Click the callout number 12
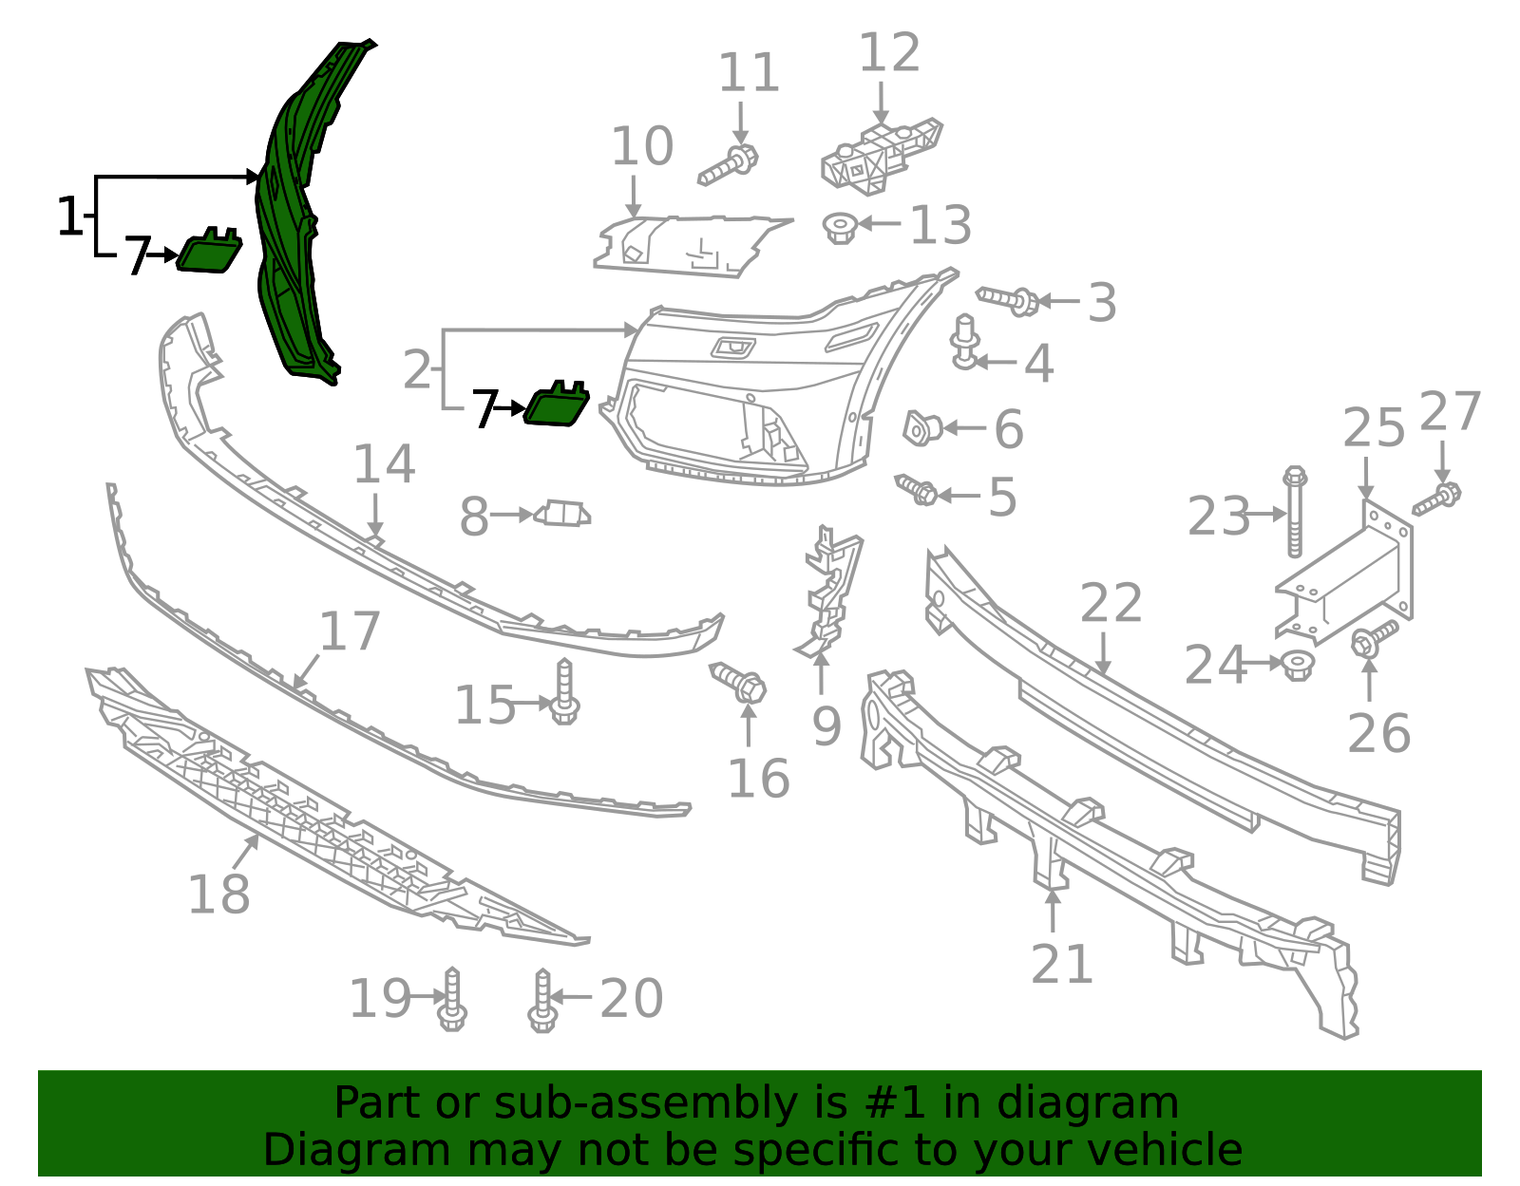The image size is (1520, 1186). (x=889, y=53)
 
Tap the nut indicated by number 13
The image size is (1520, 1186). (x=840, y=227)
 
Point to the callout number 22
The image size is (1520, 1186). (x=1111, y=604)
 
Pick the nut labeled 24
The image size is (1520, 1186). (x=1297, y=664)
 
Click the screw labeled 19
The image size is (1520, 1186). (x=452, y=1001)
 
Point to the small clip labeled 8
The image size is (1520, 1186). (x=562, y=515)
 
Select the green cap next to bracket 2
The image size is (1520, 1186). (x=557, y=405)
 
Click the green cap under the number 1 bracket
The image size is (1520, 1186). (x=209, y=252)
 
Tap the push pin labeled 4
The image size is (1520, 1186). (x=965, y=342)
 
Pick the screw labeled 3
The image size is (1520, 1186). (x=1009, y=300)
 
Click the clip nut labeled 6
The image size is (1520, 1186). (x=921, y=428)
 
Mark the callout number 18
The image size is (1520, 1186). (x=218, y=894)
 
